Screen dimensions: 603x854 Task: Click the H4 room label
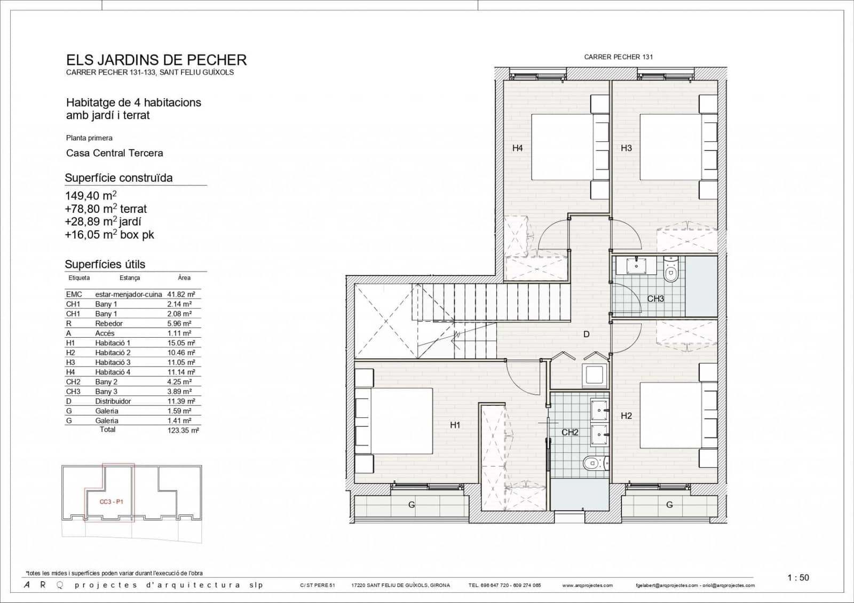pyautogui.click(x=517, y=148)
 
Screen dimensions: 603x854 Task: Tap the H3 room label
pyautogui.click(x=626, y=148)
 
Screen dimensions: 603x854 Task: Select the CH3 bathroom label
pyautogui.click(x=655, y=299)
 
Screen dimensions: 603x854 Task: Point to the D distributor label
pyautogui.click(x=586, y=335)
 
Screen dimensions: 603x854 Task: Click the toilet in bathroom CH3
pyautogui.click(x=671, y=271)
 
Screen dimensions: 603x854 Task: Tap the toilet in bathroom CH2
pyautogui.click(x=591, y=464)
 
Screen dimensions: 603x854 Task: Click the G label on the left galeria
pyautogui.click(x=411, y=505)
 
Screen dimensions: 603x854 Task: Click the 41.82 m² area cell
pyautogui.click(x=181, y=294)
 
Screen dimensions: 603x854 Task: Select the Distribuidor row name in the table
pyautogui.click(x=113, y=401)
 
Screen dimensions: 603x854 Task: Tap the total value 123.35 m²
pyautogui.click(x=183, y=430)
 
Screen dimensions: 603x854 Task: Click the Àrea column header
pyautogui.click(x=184, y=278)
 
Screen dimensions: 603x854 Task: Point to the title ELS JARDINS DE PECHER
pyautogui.click(x=156, y=60)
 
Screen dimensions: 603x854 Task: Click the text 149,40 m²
pyautogui.click(x=91, y=196)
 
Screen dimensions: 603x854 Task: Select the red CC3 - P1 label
pyautogui.click(x=111, y=502)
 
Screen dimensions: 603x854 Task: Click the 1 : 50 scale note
pyautogui.click(x=798, y=577)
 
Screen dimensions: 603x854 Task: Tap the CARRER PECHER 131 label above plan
pyautogui.click(x=618, y=57)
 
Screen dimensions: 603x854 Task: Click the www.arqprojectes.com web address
pyautogui.click(x=587, y=585)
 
